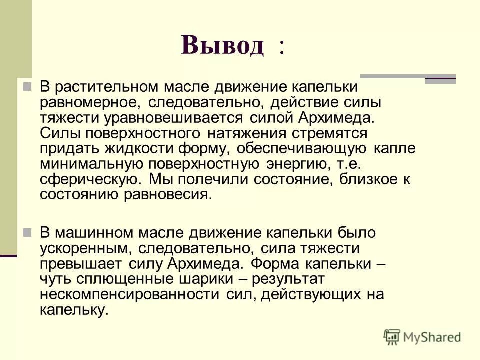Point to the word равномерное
point(91,103)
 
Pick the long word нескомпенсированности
point(129,295)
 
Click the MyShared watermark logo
point(422,337)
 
